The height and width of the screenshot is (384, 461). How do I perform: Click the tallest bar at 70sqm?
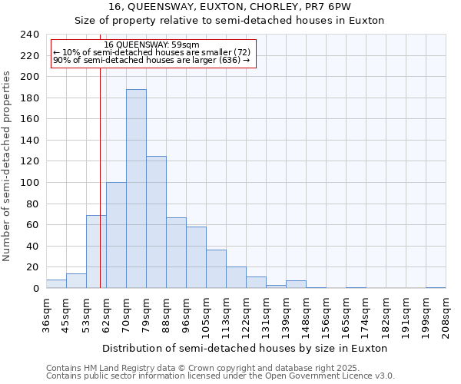[x=136, y=189]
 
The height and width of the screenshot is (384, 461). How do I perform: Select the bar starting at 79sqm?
[x=156, y=222]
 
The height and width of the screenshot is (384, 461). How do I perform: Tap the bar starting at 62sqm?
[x=116, y=235]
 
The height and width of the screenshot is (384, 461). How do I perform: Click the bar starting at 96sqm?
[x=196, y=257]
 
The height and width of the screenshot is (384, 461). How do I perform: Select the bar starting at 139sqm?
[x=296, y=284]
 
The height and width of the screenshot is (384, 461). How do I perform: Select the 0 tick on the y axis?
[x=35, y=289]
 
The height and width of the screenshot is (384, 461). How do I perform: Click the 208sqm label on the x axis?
[x=446, y=316]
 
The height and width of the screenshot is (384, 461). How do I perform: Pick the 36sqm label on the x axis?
[x=46, y=316]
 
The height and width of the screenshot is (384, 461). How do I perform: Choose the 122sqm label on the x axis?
[x=246, y=316]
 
